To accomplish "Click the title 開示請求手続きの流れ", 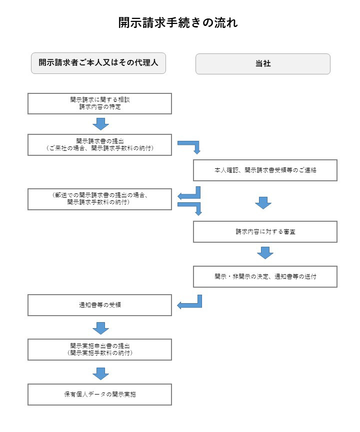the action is point(178,22).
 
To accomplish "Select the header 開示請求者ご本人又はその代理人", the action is point(98,63).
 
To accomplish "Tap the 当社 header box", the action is point(263,63).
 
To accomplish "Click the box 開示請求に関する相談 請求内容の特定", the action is point(99,103).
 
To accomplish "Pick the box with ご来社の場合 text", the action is point(99,145).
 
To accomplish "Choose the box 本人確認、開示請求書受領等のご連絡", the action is point(265,170).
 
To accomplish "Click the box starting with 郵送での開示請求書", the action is point(99,199).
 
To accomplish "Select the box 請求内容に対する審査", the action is point(265,232).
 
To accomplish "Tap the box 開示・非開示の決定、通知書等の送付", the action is point(265,277).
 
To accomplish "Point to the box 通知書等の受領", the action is point(99,305).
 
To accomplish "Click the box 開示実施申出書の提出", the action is point(99,350).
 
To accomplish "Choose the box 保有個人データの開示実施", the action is point(99,395).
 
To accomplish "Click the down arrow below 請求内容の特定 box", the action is point(100,124).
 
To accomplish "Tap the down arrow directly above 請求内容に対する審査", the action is point(263,203).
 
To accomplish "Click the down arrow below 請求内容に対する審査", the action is point(265,253).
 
